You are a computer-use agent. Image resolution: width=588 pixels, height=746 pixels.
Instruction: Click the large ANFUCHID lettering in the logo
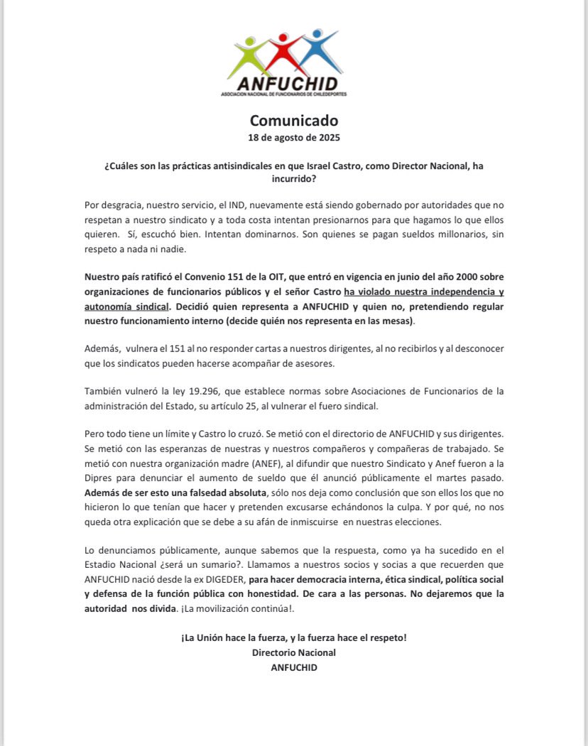290,80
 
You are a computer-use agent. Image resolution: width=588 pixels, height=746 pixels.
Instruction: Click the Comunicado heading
294,121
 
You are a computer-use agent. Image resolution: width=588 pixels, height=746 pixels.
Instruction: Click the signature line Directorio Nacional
294,652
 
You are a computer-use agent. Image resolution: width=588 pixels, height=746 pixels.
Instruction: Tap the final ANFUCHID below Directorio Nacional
294,667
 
